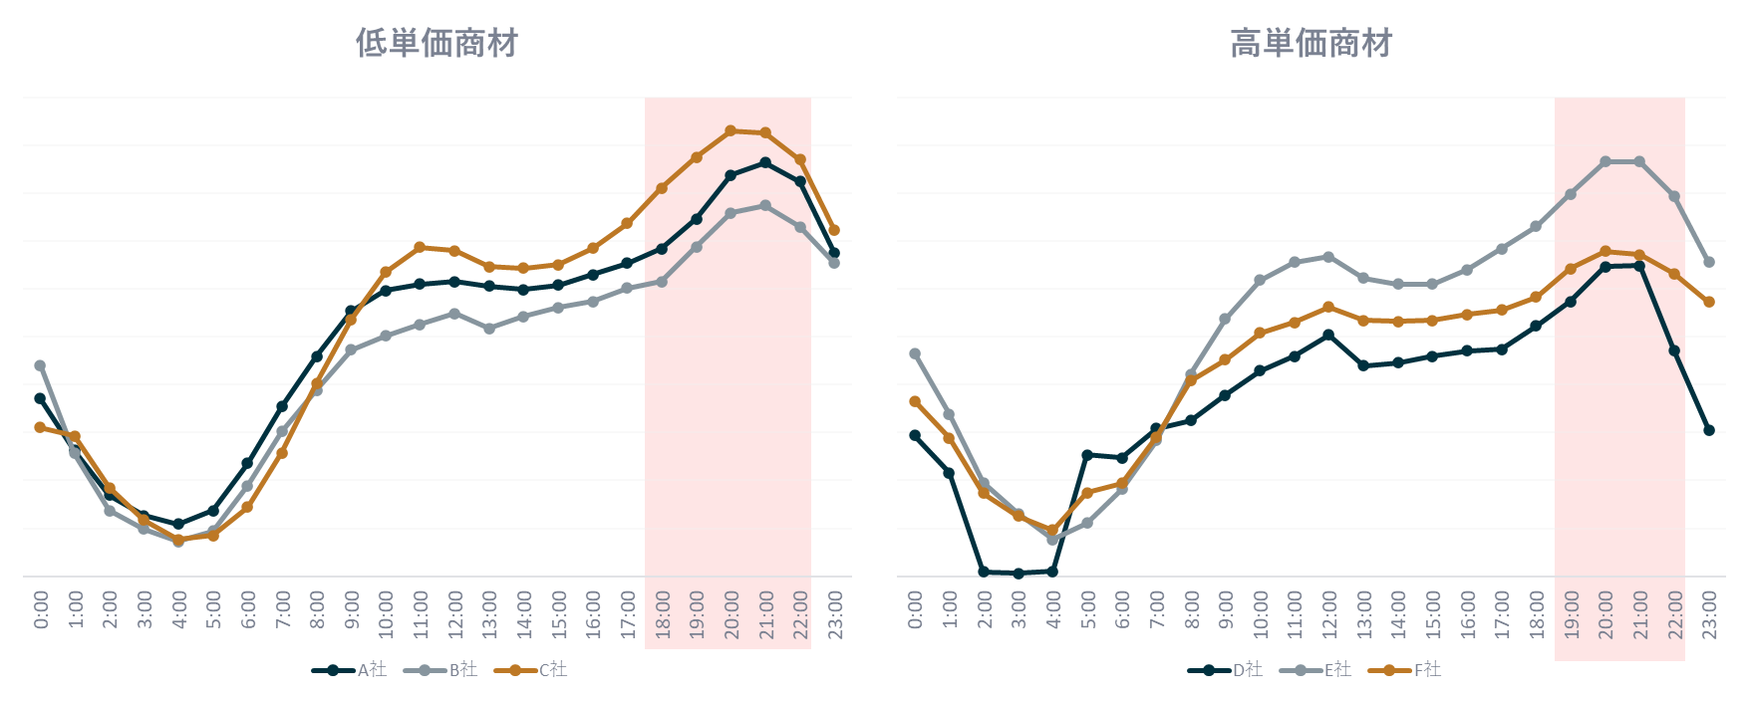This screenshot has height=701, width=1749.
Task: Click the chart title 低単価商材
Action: point(437,44)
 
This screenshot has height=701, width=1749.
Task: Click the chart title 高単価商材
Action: point(1311,44)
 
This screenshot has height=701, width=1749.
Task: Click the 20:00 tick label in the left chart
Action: point(730,612)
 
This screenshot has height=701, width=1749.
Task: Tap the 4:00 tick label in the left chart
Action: point(178,609)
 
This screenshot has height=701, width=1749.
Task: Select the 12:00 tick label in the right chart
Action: point(1328,612)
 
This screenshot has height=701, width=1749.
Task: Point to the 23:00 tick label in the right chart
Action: point(1708,612)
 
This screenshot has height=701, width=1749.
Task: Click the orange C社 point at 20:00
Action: point(730,130)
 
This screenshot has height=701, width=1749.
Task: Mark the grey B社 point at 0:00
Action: point(40,365)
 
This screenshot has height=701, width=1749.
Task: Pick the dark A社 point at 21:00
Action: point(765,162)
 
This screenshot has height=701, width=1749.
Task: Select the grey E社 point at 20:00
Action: point(1605,161)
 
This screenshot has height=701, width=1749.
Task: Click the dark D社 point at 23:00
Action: point(1709,430)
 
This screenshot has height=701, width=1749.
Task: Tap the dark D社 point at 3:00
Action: point(1019,573)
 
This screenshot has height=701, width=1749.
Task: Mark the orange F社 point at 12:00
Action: point(1328,307)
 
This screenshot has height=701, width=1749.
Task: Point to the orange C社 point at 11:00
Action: point(420,247)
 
